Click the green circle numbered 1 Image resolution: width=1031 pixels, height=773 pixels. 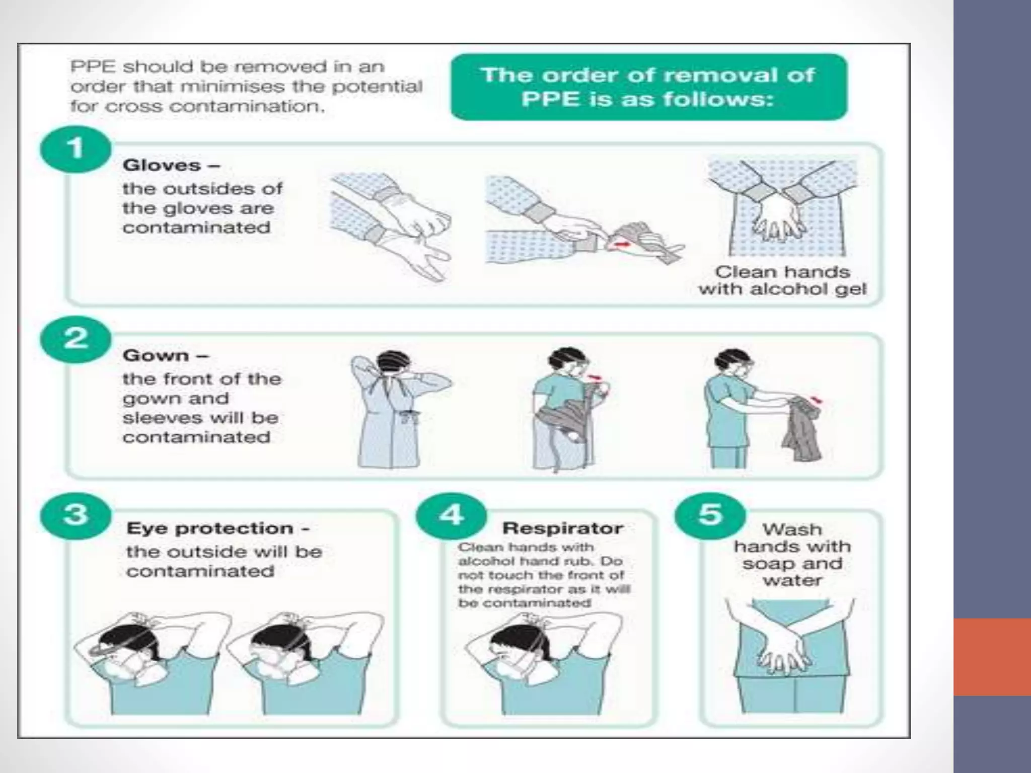point(76,149)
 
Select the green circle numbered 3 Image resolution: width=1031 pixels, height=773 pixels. point(76,514)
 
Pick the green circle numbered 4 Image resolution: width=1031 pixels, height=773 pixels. point(452,514)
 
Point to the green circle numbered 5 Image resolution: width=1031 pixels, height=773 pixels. point(710,514)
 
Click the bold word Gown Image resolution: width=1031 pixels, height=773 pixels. point(156,355)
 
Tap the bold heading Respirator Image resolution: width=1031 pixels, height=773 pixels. point(562,528)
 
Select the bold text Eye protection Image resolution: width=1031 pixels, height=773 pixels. point(210,528)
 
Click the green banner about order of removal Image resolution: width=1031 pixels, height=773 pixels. point(648,87)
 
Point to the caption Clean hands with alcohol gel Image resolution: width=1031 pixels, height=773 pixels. point(782,280)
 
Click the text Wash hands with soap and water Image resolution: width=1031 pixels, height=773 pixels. point(792,555)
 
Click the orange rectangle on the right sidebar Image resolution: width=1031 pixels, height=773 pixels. point(992,657)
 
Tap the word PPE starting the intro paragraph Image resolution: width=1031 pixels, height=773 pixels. point(90,66)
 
